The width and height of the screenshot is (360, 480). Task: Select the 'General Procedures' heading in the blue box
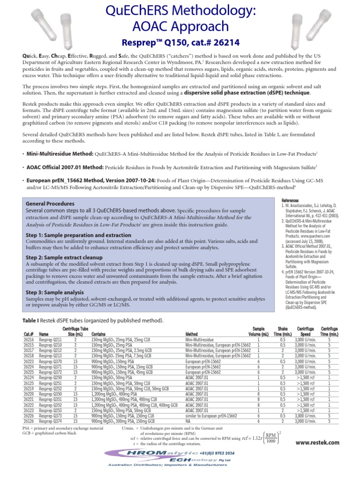50,204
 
